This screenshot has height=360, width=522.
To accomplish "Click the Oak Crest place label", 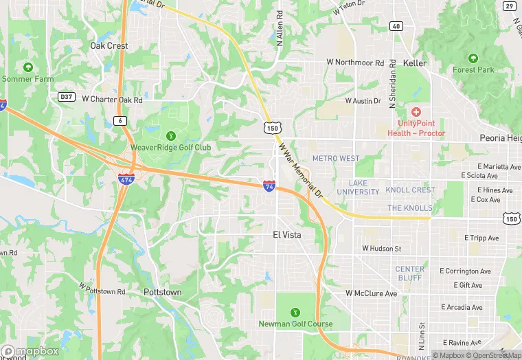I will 109,46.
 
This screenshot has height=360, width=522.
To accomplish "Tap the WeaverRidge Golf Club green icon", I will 170,134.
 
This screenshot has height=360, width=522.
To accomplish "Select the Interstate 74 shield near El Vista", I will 270,185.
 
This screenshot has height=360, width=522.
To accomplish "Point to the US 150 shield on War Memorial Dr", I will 272,128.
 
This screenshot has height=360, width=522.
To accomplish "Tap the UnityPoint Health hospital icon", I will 416,111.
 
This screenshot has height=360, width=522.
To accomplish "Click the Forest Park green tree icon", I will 473,58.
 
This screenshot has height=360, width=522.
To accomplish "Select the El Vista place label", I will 287,234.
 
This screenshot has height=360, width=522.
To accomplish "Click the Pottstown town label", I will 163,292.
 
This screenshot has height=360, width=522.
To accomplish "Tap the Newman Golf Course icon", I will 295,312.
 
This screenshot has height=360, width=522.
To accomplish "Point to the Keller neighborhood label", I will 415,63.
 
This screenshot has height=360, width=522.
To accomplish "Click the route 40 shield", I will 396,26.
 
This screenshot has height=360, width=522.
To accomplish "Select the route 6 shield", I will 120,120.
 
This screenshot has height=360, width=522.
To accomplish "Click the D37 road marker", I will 66,97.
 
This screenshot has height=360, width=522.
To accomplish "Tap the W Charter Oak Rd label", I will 112,100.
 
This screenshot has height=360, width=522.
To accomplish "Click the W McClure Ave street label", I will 371,293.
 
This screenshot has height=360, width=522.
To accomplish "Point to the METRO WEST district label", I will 336,159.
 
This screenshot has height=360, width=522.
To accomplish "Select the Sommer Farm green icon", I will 28,67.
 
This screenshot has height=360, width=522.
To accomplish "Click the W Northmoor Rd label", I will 354,62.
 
